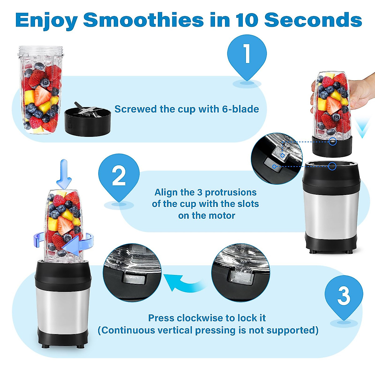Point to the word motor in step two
pyautogui.click(x=223, y=216)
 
